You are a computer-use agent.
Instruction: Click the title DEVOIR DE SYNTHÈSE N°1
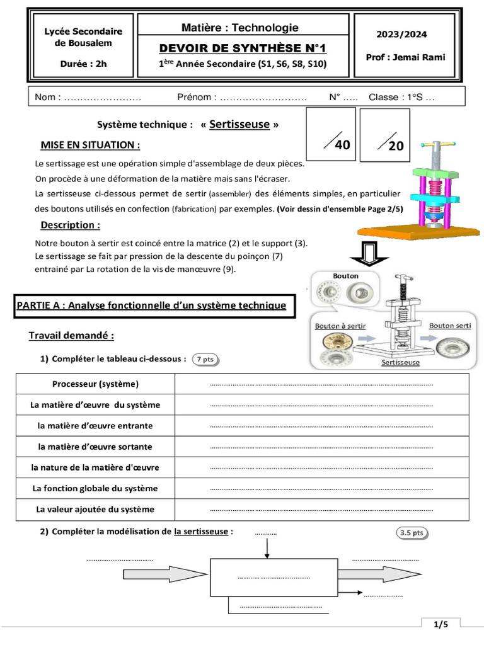click(243, 49)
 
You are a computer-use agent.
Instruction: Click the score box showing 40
click(331, 135)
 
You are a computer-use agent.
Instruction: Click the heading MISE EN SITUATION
click(90, 146)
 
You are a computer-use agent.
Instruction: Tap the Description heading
click(70, 225)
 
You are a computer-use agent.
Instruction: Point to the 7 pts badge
click(205, 359)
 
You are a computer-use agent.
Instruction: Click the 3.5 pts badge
click(413, 532)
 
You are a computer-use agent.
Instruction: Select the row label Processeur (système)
click(96, 384)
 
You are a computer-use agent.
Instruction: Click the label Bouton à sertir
click(340, 326)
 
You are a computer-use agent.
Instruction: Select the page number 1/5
click(441, 624)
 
